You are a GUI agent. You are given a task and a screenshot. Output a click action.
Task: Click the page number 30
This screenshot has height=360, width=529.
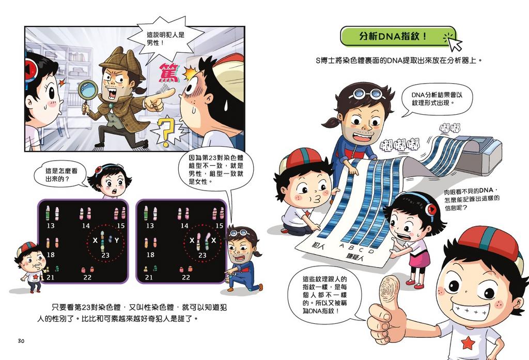pyautogui.click(x=21, y=341)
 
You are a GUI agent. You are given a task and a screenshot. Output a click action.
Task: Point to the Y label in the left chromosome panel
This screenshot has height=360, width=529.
pyautogui.click(x=116, y=240)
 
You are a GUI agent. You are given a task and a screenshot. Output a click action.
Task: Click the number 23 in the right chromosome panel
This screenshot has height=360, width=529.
pyautogui.click(x=202, y=255)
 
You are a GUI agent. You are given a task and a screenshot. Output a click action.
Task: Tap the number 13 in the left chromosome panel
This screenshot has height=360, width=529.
pyautogui.click(x=51, y=225)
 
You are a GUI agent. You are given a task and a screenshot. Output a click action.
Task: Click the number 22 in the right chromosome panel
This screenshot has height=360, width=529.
pyautogui.click(x=186, y=277)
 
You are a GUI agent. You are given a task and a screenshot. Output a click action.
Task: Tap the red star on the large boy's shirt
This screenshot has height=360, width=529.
pyautogui.click(x=468, y=343)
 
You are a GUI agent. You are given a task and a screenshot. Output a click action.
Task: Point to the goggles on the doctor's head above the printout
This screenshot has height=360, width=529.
pyautogui.click(x=367, y=93)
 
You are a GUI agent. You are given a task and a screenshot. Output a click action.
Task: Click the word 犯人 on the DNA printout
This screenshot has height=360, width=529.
pyautogui.click(x=318, y=244)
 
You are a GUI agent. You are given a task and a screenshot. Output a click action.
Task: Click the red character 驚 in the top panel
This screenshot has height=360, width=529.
pyautogui.click(x=169, y=73)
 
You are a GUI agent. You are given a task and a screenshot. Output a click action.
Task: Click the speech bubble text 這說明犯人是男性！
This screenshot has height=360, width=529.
pyautogui.click(x=165, y=38)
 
